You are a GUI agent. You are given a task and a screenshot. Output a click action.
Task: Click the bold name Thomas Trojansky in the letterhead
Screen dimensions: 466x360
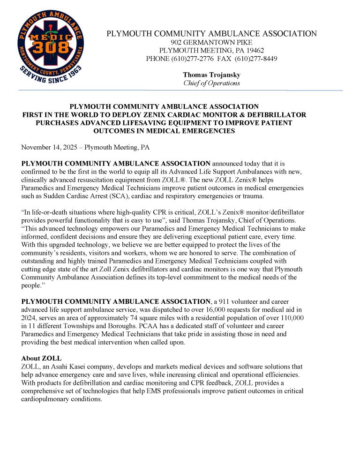(x=211, y=75)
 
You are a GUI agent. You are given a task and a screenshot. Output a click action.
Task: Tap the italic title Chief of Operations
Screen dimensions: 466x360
(x=211, y=83)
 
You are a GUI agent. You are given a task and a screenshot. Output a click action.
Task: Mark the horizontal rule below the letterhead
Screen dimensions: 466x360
(x=180, y=90)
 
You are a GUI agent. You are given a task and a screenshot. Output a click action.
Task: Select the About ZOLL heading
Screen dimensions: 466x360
(x=41, y=358)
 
